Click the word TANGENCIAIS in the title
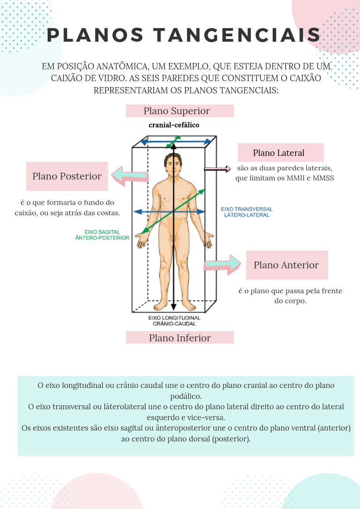237,35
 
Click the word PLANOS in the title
95,35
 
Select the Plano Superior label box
180,111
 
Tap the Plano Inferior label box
180,338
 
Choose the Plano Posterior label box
67,176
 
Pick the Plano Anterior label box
287,265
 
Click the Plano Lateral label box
280,153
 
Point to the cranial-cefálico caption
174,125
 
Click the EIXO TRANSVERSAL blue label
247,212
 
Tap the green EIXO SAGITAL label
102,235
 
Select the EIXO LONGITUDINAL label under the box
174,321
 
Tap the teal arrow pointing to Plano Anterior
222,264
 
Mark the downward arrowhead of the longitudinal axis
173,307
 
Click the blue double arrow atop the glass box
175,142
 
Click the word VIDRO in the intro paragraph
105,78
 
